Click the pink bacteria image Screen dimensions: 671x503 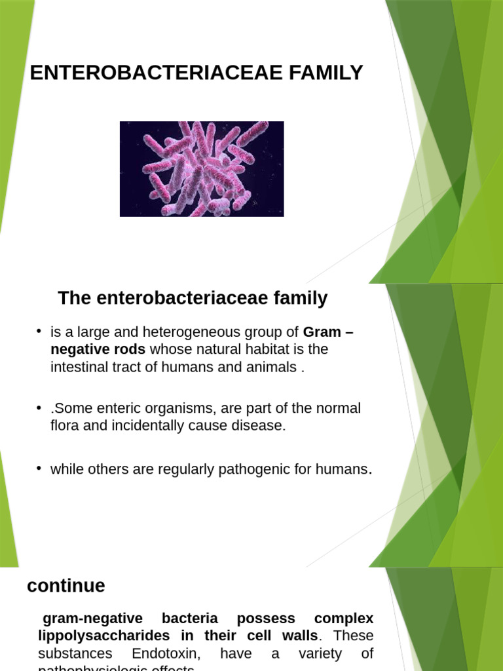(x=202, y=168)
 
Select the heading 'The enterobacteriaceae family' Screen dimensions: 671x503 (x=193, y=299)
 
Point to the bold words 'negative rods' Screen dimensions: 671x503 (x=98, y=349)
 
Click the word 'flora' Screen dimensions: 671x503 (x=64, y=425)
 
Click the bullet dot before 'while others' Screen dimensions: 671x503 (x=40, y=468)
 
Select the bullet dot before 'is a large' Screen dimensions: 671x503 (x=40, y=331)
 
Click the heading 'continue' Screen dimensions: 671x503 (x=65, y=586)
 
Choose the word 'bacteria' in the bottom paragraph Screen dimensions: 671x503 (x=189, y=619)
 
